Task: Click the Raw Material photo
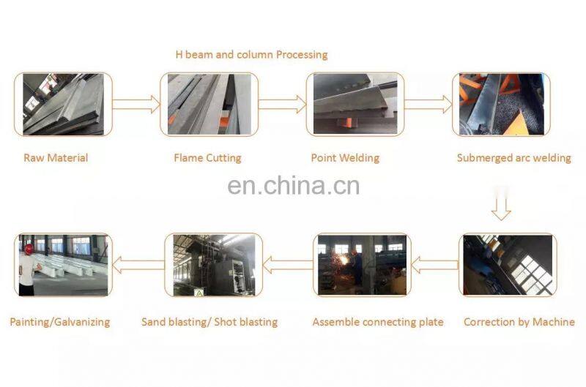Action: pos(63,104)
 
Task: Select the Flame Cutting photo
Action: pos(209,104)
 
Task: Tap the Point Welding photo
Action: pos(355,104)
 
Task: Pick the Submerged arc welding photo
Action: pos(500,104)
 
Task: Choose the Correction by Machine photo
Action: pos(506,265)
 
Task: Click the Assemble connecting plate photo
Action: pos(360,265)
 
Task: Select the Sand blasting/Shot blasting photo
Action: pos(212,265)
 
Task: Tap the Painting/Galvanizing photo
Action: pos(63,265)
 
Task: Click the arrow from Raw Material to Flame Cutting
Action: pos(136,104)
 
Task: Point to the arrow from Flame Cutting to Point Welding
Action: pos(282,104)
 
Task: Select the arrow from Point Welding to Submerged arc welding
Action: pos(429,104)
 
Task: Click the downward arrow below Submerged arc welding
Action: pos(501,206)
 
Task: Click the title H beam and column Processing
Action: pos(251,55)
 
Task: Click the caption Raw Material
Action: pos(56,157)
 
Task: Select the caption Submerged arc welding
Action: pos(513,157)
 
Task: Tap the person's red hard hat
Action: pos(28,249)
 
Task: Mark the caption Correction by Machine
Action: pos(519,322)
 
